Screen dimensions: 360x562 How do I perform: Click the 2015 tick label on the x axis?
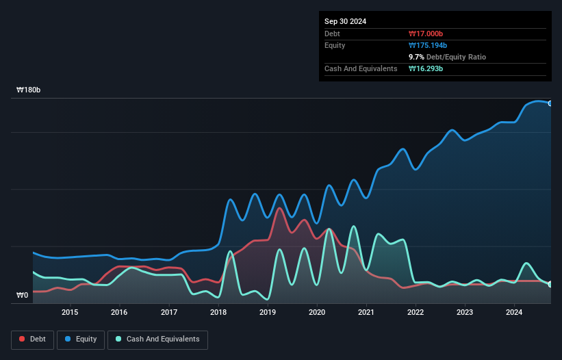tap(70, 313)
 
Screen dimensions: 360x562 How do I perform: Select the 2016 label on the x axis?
tap(119, 313)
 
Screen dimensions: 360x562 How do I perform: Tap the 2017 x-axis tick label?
tap(168, 313)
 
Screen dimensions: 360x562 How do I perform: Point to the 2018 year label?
tap(218, 313)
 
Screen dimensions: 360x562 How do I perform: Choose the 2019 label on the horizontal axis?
tap(268, 313)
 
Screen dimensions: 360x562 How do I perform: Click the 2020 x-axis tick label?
tap(317, 313)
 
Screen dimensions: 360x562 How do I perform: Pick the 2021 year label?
tap(366, 313)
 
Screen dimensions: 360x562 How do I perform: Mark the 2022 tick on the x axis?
tap(416, 313)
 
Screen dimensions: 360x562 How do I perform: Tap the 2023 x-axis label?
tap(465, 313)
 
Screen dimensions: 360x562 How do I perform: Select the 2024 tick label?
tap(514, 313)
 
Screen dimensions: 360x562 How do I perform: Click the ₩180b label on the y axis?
tap(29, 90)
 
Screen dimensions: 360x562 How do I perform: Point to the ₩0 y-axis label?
tap(23, 296)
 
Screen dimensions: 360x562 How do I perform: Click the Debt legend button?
tap(32, 339)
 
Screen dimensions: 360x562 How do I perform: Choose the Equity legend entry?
tap(80, 339)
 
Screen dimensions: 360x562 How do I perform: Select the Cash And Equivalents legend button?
tap(157, 339)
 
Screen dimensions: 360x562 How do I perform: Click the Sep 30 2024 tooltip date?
tap(346, 21)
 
